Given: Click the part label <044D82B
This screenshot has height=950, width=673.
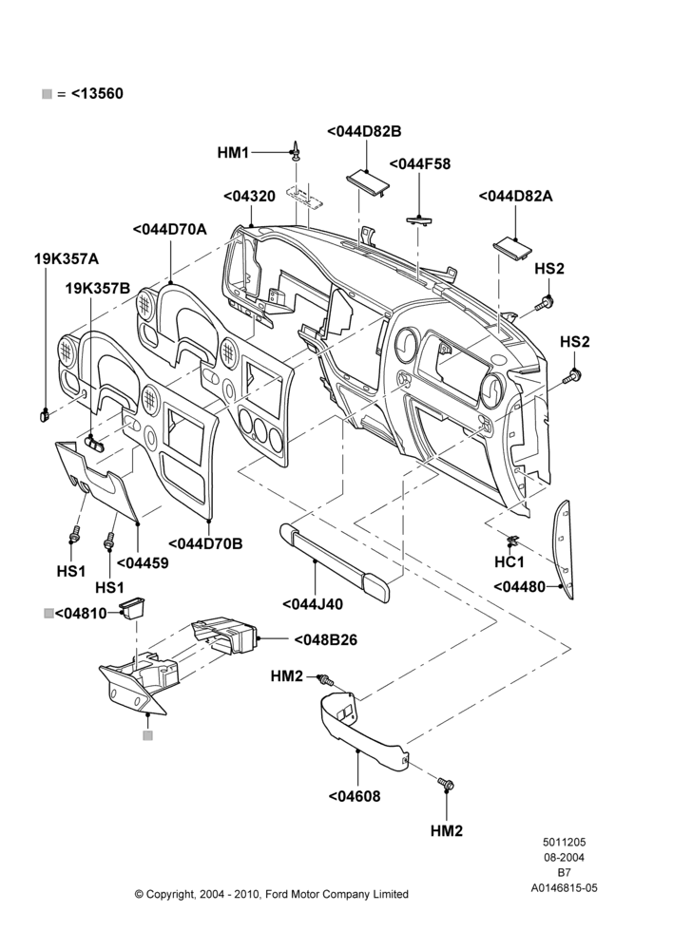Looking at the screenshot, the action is click(364, 131).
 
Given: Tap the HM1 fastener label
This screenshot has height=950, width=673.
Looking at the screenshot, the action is click(233, 153).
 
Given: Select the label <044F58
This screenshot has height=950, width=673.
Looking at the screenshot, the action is click(419, 164).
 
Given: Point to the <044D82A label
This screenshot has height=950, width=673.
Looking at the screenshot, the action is click(515, 197).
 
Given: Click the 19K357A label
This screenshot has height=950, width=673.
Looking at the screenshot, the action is click(67, 258).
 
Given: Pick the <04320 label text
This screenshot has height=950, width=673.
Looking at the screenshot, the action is click(249, 197).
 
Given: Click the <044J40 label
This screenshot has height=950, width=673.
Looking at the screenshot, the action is click(312, 604).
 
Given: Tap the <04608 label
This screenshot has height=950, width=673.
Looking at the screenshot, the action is click(355, 796).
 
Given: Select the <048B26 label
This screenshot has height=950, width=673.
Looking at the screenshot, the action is click(326, 639).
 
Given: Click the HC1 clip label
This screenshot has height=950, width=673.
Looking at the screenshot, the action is click(510, 562).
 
